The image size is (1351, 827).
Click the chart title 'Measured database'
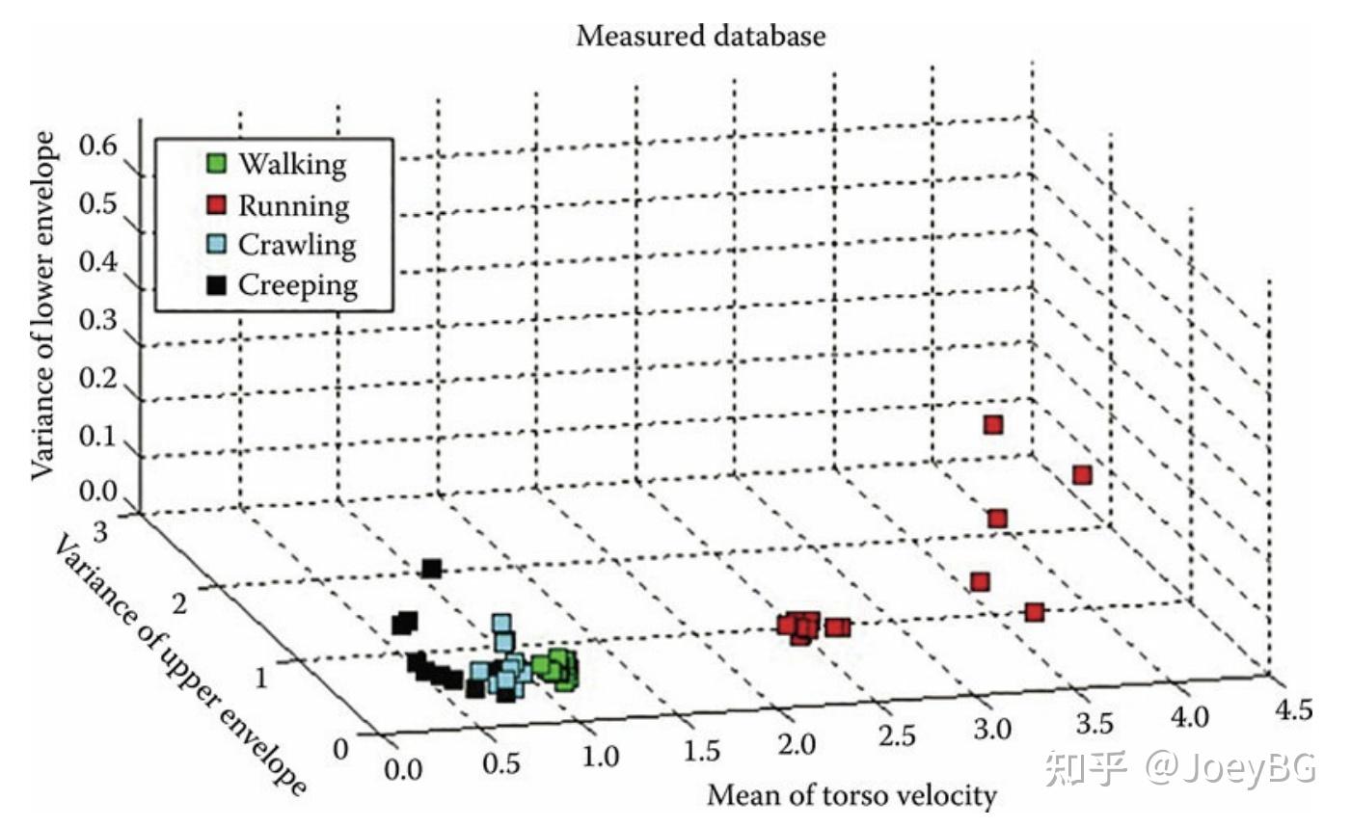click(x=700, y=37)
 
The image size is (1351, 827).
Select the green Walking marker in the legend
click(x=218, y=163)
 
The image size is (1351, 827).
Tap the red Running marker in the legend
click(x=218, y=204)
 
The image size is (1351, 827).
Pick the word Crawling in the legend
click(x=297, y=245)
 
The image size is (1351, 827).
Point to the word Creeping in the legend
click(x=298, y=285)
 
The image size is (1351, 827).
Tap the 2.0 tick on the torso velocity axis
click(x=797, y=743)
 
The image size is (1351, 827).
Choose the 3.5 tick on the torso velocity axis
click(x=1093, y=724)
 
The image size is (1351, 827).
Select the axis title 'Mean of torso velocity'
click(x=851, y=796)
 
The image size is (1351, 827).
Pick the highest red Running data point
click(x=992, y=424)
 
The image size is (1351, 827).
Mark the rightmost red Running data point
click(x=1082, y=475)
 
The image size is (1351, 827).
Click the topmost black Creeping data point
click(x=432, y=569)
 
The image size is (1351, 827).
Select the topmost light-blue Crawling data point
click(x=501, y=623)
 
